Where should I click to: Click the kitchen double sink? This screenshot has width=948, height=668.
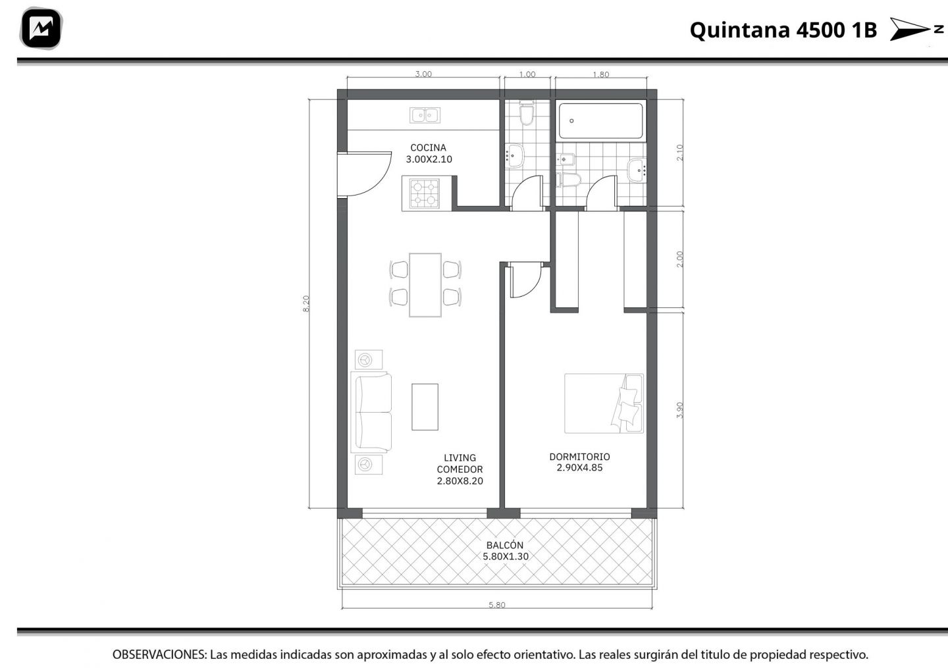(x=425, y=115)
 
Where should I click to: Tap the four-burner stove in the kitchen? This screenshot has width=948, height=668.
(x=425, y=193)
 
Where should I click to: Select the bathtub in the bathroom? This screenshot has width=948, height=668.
(x=600, y=121)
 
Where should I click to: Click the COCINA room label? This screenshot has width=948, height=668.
(x=429, y=147)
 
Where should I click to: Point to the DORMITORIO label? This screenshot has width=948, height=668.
(x=579, y=457)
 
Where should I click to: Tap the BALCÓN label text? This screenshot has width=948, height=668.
(x=504, y=545)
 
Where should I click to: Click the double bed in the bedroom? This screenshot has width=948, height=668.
(x=604, y=403)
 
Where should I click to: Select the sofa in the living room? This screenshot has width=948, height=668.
(x=371, y=412)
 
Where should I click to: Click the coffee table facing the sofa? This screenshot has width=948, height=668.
(x=425, y=407)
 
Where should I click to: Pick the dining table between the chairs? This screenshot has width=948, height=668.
(x=425, y=285)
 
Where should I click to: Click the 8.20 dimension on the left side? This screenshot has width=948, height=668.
(x=306, y=303)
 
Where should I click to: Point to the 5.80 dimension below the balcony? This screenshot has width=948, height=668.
(x=497, y=605)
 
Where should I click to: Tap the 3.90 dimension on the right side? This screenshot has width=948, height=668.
(x=679, y=409)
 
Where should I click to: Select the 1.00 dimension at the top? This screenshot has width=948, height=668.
(x=527, y=74)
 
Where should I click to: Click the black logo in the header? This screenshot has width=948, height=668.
(x=41, y=28)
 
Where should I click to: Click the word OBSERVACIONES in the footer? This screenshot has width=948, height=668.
(x=159, y=654)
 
